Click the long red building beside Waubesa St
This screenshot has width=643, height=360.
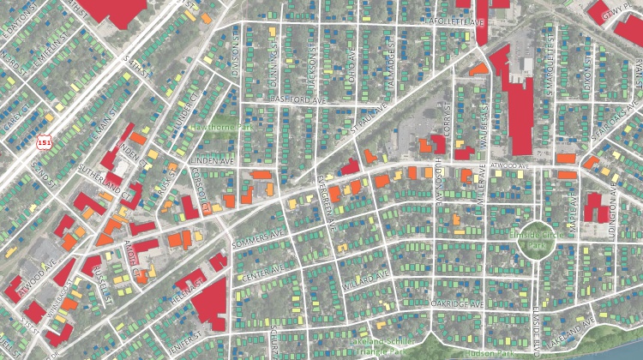pyautogui.click(x=520, y=103)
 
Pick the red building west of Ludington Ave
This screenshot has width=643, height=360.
pyautogui.click(x=592, y=207)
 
